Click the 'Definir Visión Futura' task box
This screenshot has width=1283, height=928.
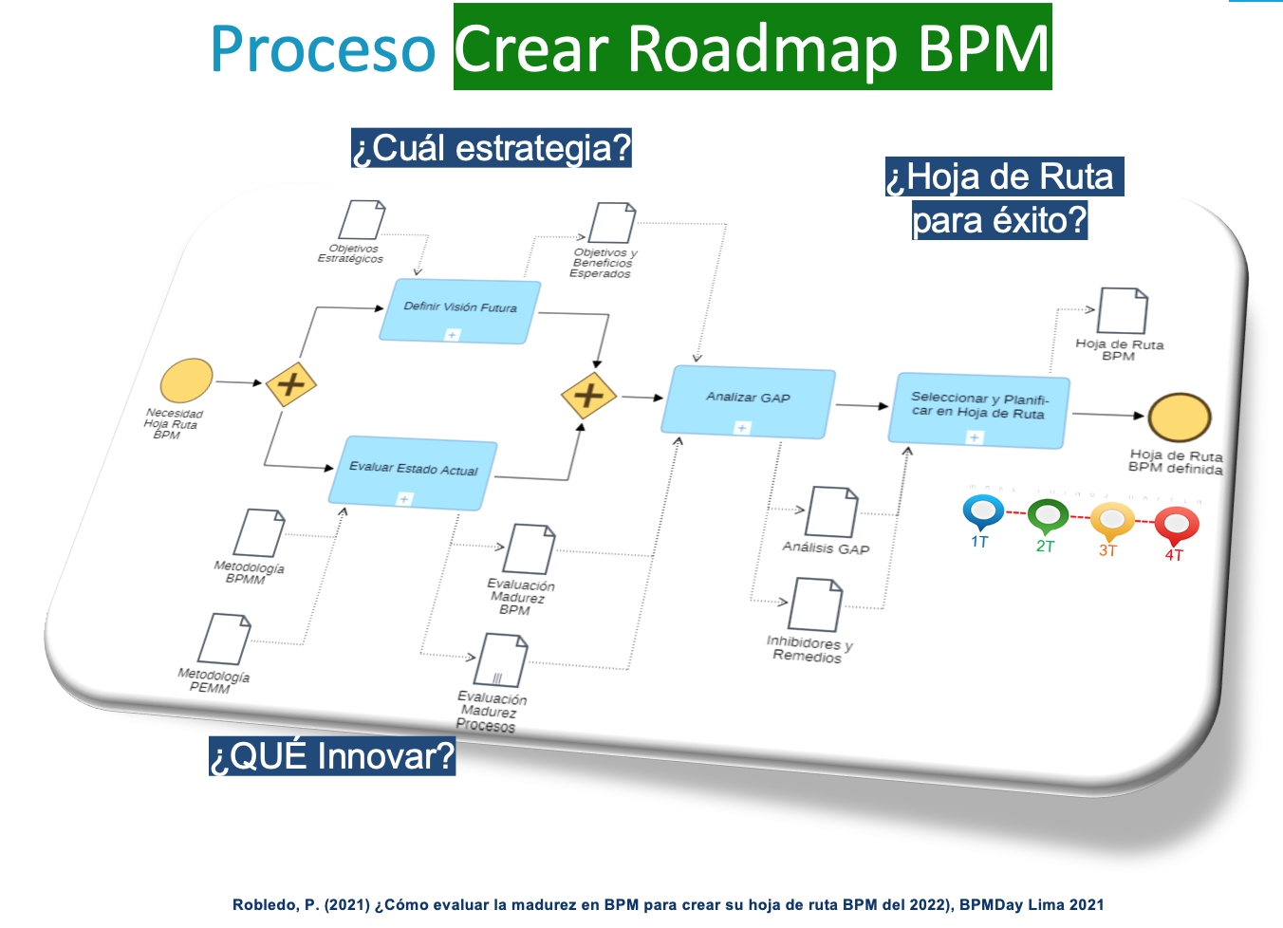(x=459, y=311)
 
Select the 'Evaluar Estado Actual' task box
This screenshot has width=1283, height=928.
(x=413, y=473)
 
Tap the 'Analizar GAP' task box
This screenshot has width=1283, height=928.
(x=748, y=402)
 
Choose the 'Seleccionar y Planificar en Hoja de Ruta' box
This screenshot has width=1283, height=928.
(x=978, y=410)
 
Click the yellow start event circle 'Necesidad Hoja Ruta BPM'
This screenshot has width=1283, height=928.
(x=186, y=381)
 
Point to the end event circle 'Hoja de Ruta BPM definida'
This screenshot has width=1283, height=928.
(x=1179, y=418)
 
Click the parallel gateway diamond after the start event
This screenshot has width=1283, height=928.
(x=290, y=384)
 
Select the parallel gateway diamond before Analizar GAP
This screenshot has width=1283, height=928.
(x=588, y=394)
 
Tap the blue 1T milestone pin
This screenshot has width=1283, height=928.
(x=982, y=511)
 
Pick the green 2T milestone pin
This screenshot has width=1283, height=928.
(x=1048, y=516)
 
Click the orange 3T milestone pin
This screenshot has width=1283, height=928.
(x=1111, y=520)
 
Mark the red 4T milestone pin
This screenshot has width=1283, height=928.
(x=1176, y=524)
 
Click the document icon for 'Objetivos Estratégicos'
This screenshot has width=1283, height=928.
(x=363, y=220)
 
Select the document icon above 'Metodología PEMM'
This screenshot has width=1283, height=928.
(x=224, y=639)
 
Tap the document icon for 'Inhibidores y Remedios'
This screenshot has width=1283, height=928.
(x=815, y=604)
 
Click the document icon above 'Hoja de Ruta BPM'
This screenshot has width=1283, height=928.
(x=1123, y=311)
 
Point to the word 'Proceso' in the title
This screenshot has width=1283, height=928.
(x=323, y=49)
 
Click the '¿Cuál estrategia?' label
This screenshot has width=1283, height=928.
(x=491, y=148)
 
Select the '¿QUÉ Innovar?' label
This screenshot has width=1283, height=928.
(x=332, y=756)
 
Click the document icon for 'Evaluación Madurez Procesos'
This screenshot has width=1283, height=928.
(x=502, y=659)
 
